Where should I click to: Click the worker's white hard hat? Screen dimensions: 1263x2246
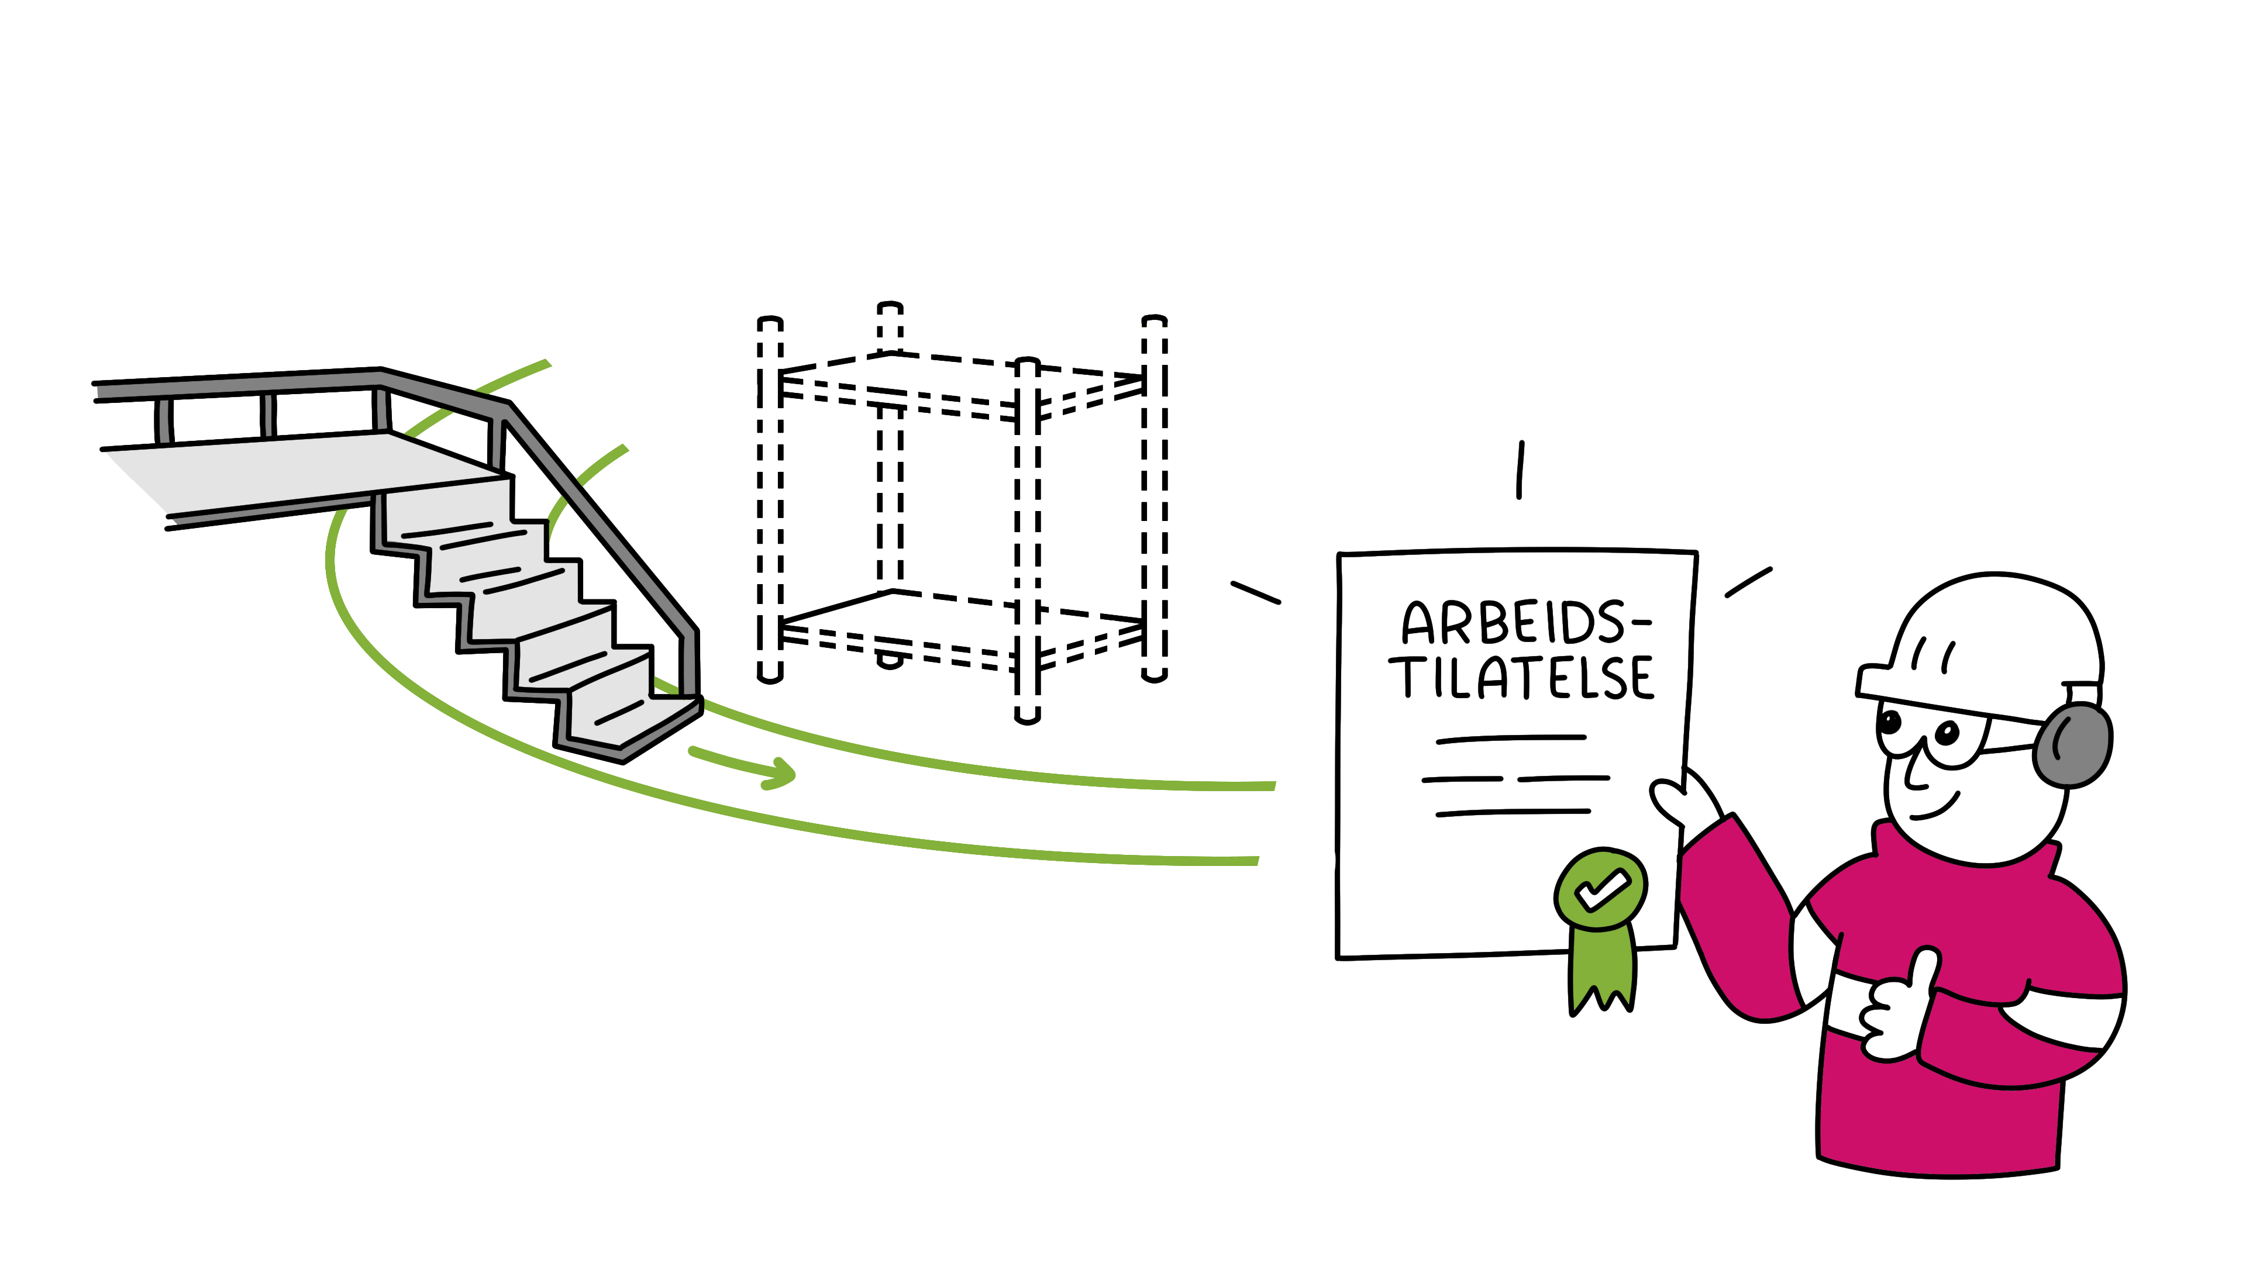(1997, 636)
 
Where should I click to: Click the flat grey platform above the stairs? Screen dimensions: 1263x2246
(288, 471)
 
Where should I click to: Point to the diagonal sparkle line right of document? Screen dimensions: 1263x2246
(1749, 582)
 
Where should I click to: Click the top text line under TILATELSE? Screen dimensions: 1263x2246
(1511, 739)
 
